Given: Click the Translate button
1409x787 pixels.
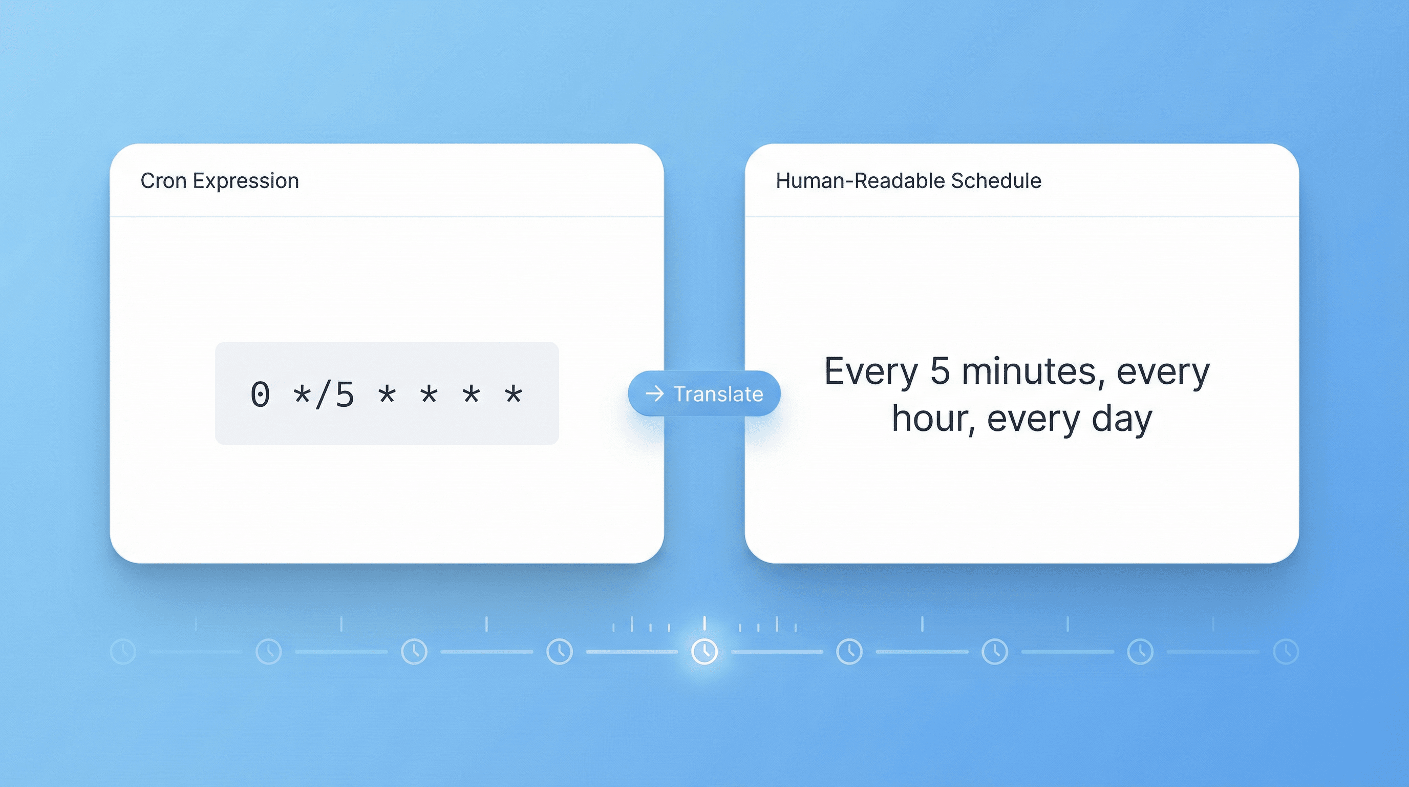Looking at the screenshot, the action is [704, 393].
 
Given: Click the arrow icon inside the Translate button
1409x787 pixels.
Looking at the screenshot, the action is [655, 393].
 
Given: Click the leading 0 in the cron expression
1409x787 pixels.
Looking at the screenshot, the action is [261, 395].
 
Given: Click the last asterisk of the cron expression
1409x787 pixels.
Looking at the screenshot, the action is [514, 393].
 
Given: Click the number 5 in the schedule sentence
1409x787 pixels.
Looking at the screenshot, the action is [940, 371].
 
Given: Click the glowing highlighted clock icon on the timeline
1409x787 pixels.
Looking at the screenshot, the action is [705, 651].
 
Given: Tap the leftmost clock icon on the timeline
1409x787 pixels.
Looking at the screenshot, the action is [123, 651].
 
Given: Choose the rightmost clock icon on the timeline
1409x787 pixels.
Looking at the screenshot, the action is [1286, 651].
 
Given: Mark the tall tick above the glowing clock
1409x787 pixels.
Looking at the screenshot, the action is [705, 623].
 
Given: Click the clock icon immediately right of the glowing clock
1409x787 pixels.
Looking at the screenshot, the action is [849, 651].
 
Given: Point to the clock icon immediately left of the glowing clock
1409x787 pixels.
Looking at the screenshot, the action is [559, 651].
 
